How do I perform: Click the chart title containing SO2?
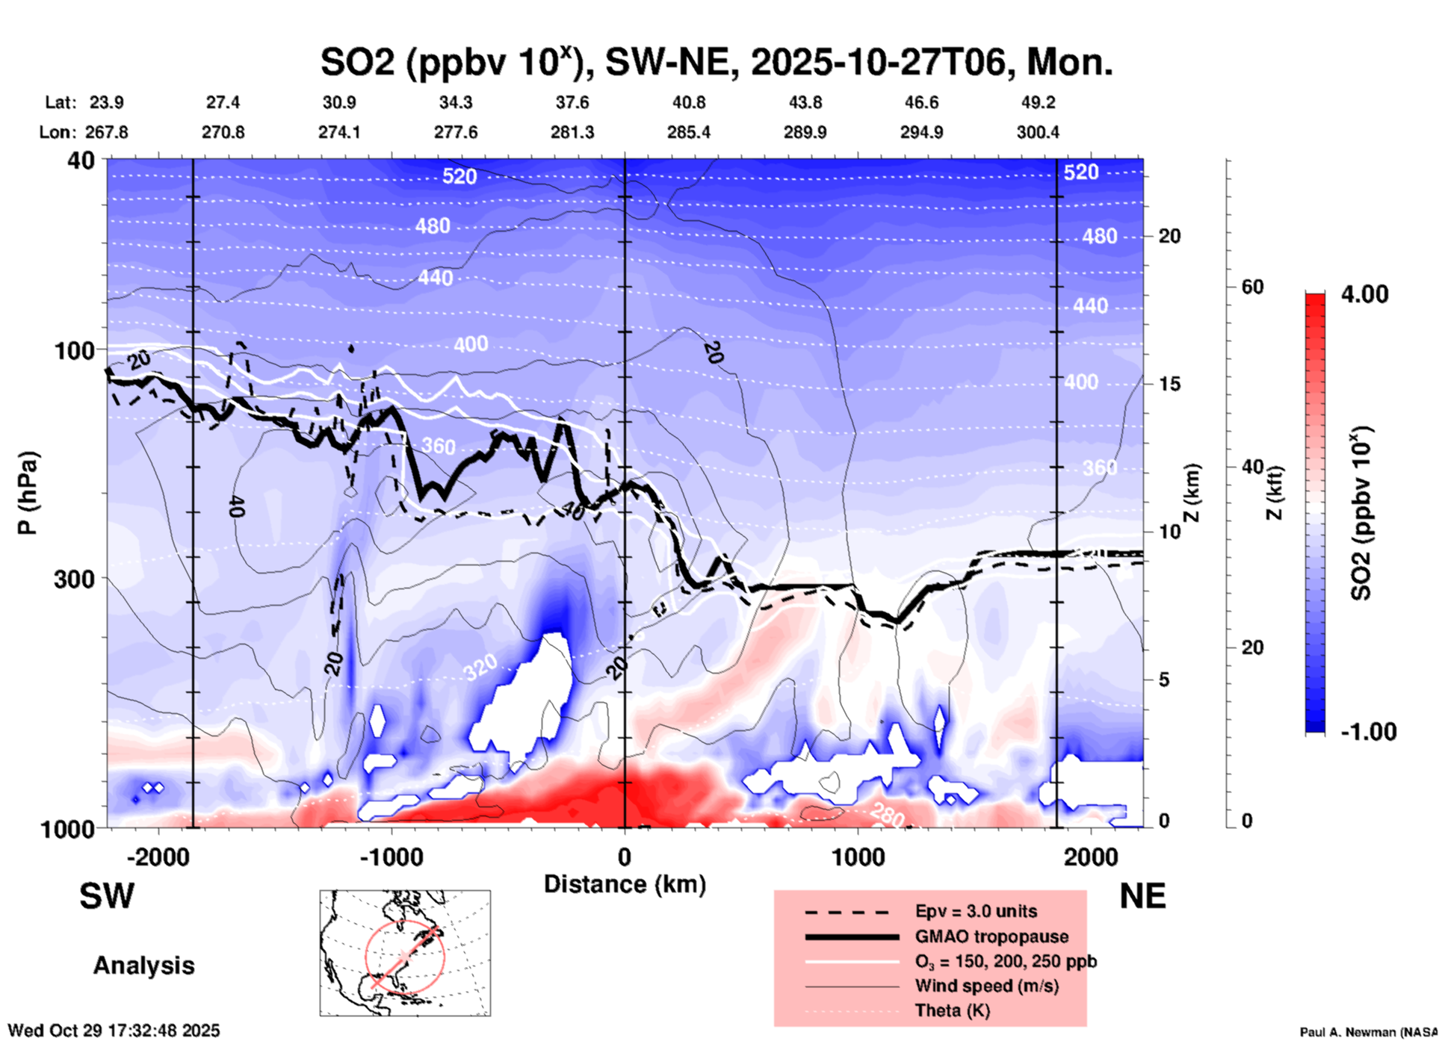[716, 62]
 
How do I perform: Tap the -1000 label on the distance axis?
[391, 857]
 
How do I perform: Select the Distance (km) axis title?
[625, 884]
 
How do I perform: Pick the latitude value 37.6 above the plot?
[572, 102]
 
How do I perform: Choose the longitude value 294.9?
[921, 132]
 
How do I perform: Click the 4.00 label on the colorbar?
[1364, 294]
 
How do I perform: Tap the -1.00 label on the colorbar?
[1368, 731]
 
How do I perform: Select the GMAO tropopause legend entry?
[991, 936]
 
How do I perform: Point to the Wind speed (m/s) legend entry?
[986, 986]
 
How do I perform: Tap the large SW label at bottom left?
[107, 896]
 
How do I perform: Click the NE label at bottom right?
[1142, 896]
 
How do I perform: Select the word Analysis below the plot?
[143, 966]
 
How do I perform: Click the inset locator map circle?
[405, 957]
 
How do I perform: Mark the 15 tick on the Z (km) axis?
[1169, 384]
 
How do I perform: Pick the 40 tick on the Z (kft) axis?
[1252, 467]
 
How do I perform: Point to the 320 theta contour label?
[480, 667]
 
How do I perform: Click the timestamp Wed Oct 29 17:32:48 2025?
[114, 1031]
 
